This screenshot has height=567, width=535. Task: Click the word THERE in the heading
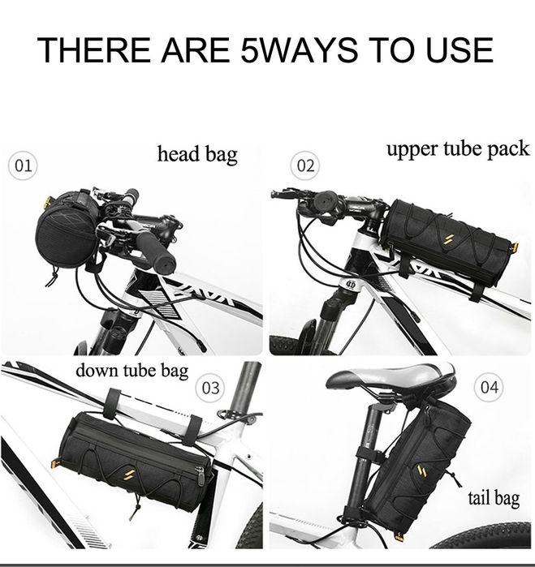[x=94, y=49]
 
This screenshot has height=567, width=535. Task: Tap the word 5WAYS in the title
[x=300, y=49]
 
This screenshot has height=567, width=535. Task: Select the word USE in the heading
[x=459, y=49]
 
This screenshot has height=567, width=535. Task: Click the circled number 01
[x=23, y=165]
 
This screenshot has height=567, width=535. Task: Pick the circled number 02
[x=305, y=165]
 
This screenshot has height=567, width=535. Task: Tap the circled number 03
[x=210, y=388]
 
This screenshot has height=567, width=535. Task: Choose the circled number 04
[x=489, y=387]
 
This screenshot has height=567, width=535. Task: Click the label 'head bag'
[x=197, y=154]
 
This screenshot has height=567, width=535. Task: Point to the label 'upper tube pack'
[x=458, y=149]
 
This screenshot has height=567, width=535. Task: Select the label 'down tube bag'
[x=132, y=371]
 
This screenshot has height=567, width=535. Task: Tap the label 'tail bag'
[x=494, y=499]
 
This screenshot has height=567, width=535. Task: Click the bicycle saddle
[x=391, y=378]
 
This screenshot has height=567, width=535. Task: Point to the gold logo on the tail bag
[x=421, y=470]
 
